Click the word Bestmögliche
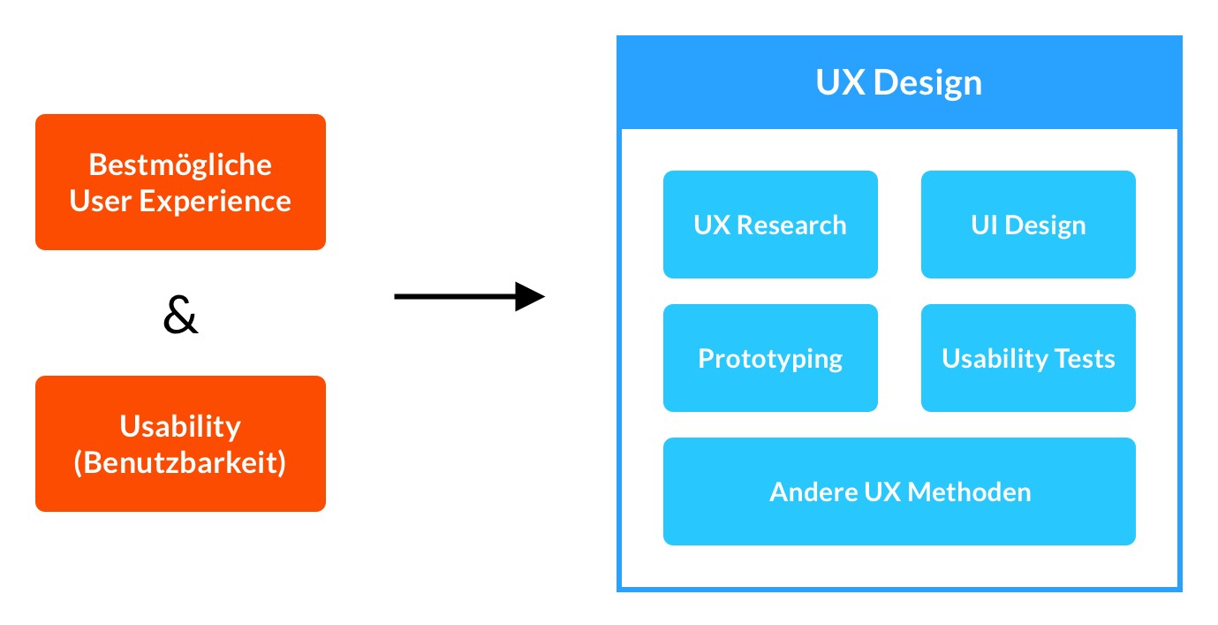pos(180,164)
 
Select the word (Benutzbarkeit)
pos(180,463)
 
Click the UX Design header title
pos(898,83)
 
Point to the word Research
pos(791,225)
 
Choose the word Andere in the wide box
pos(806,492)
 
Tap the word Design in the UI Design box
pos(1045,225)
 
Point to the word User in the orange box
pos(99,201)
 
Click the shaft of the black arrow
pos(450,297)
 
